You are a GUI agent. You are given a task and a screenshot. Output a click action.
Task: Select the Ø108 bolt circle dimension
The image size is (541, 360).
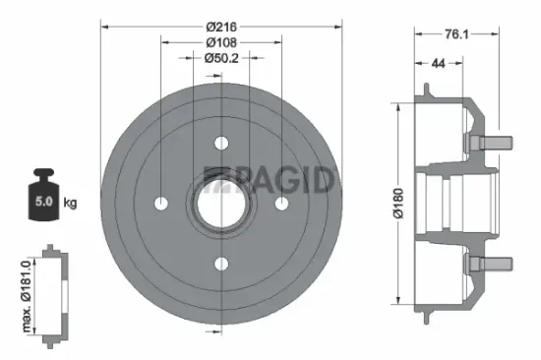point(220,42)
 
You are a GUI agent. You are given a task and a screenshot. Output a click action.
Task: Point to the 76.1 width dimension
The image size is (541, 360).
point(454,35)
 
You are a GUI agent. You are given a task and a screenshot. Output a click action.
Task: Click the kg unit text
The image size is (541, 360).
point(71,203)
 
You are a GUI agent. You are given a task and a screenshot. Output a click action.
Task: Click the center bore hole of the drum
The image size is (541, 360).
point(220,203)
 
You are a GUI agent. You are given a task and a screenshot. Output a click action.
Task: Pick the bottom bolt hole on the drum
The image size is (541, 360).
point(220,263)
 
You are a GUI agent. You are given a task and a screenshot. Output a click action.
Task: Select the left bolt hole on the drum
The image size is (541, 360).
point(161,203)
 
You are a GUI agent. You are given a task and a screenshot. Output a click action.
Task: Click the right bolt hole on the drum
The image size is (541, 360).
point(280,203)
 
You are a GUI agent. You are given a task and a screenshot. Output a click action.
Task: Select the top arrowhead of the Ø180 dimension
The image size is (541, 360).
point(396,105)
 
